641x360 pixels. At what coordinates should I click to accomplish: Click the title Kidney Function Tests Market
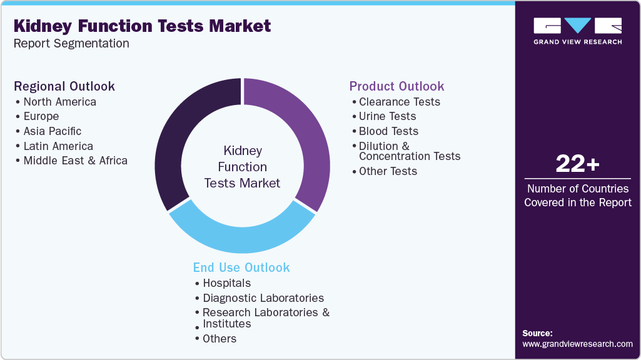tap(142, 26)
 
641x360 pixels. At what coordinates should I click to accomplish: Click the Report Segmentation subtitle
tap(71, 43)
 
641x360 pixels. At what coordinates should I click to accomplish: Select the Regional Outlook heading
tap(64, 86)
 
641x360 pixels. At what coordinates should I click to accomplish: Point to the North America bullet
tap(59, 101)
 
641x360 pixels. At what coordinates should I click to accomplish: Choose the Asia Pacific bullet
tap(52, 131)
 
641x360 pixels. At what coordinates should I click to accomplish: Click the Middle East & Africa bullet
tap(75, 161)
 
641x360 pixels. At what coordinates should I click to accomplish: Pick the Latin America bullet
tap(58, 146)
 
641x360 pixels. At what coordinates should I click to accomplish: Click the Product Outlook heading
tap(396, 86)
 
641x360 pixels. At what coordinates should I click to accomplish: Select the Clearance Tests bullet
tap(399, 101)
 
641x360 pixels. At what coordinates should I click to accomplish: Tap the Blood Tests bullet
tap(388, 131)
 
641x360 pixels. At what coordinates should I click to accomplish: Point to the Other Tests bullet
tap(388, 171)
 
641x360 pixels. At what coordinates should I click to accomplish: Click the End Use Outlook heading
tap(241, 267)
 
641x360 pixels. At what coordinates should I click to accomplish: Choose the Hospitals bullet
tap(226, 283)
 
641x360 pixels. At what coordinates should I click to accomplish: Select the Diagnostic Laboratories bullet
tap(263, 298)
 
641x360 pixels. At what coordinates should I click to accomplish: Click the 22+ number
tap(577, 164)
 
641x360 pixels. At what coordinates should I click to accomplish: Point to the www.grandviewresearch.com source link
tap(577, 344)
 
